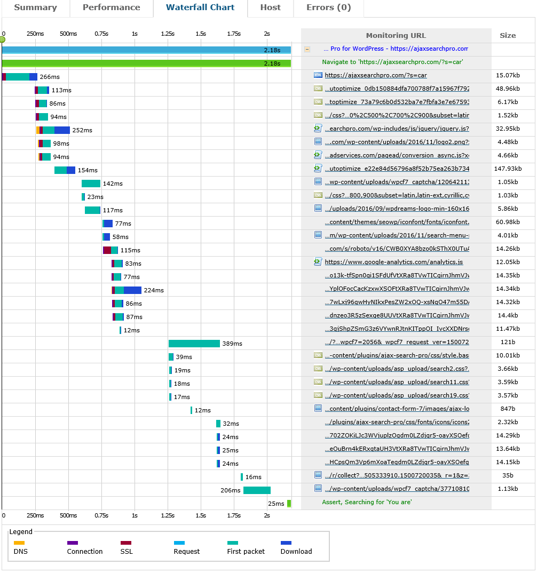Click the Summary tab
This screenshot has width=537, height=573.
coord(35,7)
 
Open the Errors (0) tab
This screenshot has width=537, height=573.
coord(329,7)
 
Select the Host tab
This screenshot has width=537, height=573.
coord(270,7)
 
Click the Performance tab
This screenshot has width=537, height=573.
coord(112,7)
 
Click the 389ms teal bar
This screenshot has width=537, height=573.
coord(194,344)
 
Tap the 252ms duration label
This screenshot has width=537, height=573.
coord(82,130)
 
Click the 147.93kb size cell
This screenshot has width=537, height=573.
coord(508,169)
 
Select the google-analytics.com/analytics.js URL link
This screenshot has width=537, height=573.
coord(393,262)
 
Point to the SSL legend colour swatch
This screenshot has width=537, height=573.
coord(126,543)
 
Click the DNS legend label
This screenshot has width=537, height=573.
coord(21,552)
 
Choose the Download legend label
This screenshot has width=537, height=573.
coord(296,552)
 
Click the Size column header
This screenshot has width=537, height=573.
coord(508,36)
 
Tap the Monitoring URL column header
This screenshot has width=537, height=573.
coord(396,36)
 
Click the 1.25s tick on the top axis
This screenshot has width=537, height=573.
coord(168,34)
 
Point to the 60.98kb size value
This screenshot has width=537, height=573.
coord(508,222)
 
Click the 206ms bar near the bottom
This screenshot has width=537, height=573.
coord(257,490)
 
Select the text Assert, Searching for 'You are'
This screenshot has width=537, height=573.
coord(367,502)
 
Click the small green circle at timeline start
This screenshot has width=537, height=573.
coord(2,39)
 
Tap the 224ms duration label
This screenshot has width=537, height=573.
coord(154,290)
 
